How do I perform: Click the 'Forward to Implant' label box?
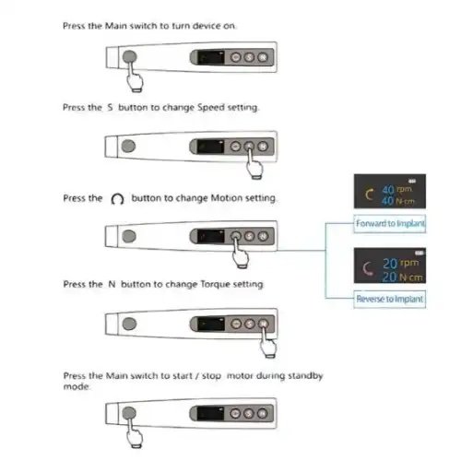[x=389, y=224]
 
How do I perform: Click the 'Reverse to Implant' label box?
[x=389, y=299]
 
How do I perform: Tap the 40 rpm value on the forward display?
[x=396, y=189]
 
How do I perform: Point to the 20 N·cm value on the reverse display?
[x=403, y=278]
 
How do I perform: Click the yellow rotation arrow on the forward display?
[x=367, y=195]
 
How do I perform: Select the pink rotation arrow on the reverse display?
[x=365, y=269]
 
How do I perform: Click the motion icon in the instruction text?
[x=117, y=199]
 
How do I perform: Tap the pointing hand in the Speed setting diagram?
[x=254, y=164]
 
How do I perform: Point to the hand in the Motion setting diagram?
[x=241, y=254]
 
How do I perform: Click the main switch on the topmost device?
[x=129, y=57]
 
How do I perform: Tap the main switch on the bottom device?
[x=129, y=413]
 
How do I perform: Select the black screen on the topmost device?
[x=211, y=57]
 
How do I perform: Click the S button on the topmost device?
[x=249, y=57]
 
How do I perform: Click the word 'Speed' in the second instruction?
[x=211, y=108]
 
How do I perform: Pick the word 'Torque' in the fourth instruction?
[x=215, y=285]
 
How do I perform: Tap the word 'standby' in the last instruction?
[x=305, y=376]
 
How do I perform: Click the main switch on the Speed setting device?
[x=128, y=146]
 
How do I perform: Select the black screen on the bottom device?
[x=210, y=414]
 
